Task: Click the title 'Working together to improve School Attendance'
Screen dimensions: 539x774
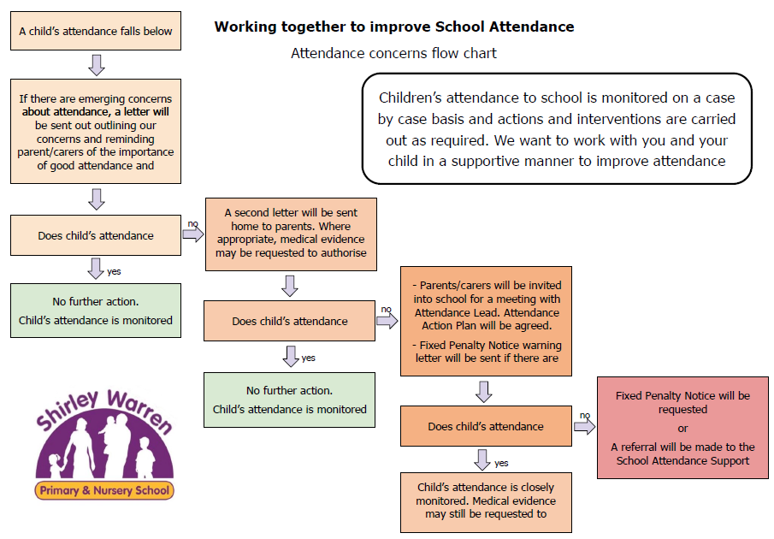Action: click(394, 27)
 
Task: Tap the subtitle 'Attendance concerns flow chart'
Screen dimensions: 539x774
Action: click(393, 53)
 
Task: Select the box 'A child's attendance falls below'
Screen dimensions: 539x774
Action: click(96, 32)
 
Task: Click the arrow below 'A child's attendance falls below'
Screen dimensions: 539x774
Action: click(97, 64)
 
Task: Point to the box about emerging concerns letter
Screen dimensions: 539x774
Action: click(96, 132)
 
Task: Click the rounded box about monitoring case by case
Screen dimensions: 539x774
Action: click(557, 128)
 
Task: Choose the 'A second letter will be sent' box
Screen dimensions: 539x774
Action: click(291, 233)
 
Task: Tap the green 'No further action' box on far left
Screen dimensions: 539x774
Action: click(96, 311)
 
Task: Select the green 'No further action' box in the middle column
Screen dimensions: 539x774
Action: click(290, 400)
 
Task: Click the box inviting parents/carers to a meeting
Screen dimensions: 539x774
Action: click(486, 322)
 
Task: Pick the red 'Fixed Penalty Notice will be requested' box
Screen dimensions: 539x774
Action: click(682, 428)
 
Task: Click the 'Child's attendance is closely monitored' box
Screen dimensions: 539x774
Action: click(486, 501)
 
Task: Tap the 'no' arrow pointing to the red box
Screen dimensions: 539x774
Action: click(585, 426)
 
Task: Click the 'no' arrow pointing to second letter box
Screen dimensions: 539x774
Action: click(193, 234)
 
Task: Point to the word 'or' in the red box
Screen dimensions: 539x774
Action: click(682, 429)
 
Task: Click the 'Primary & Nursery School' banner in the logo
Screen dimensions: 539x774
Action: click(104, 491)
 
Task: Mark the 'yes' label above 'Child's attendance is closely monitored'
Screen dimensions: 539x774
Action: click(502, 464)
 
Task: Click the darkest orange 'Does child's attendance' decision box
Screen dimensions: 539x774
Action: click(486, 426)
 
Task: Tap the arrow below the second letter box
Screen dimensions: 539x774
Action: click(290, 285)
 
